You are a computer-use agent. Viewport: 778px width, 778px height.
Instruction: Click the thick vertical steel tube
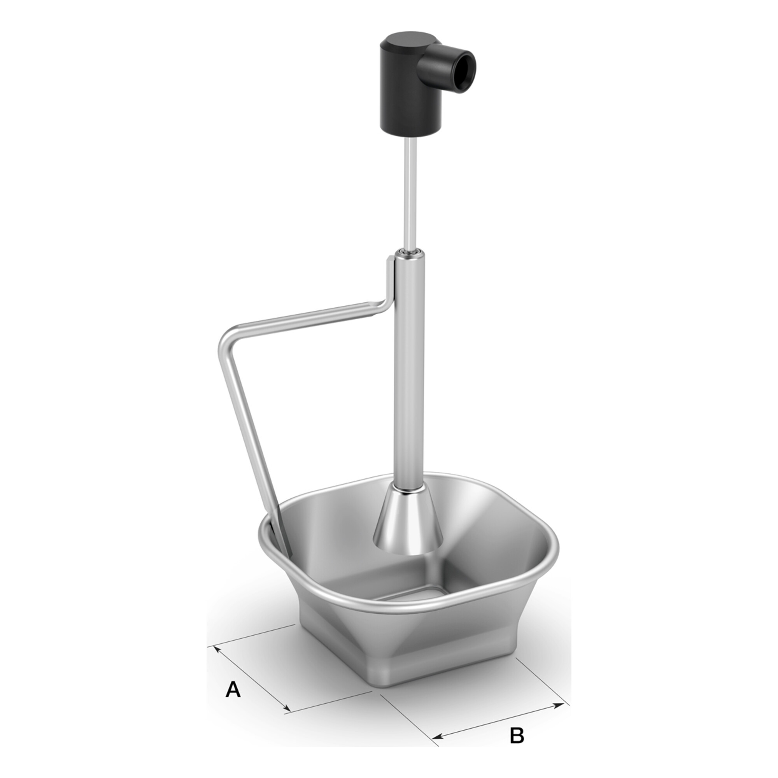(409, 370)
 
